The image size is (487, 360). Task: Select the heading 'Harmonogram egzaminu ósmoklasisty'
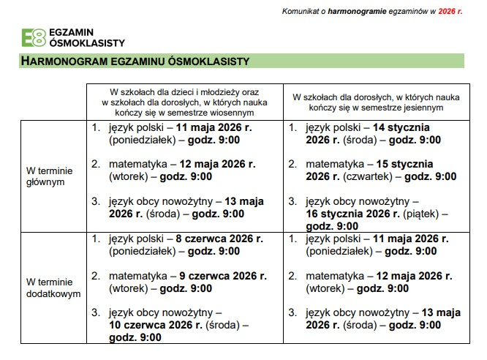coord(135,61)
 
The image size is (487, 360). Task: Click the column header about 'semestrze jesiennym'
coord(376,102)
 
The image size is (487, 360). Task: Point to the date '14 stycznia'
coord(404,127)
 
